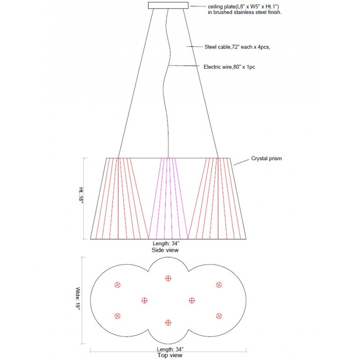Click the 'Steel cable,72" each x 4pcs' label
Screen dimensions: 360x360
pyautogui.click(x=237, y=47)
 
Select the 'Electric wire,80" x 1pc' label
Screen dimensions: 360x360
pyautogui.click(x=229, y=67)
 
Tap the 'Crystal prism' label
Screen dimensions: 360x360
pyautogui.click(x=266, y=158)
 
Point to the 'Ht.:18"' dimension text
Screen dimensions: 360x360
pyautogui.click(x=81, y=195)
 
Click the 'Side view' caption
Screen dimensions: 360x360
pyautogui.click(x=165, y=250)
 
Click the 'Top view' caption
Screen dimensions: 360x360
pyautogui.click(x=170, y=355)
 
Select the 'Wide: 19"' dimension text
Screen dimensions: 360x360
pyautogui.click(x=78, y=298)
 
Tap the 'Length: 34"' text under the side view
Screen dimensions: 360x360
pyautogui.click(x=166, y=243)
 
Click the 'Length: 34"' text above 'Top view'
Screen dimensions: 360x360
pyautogui.click(x=170, y=349)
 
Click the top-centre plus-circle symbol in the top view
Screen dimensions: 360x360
pyautogui.click(x=168, y=278)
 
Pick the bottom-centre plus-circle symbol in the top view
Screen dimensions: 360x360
pyautogui.click(x=168, y=323)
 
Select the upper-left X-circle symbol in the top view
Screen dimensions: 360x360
pyautogui.click(x=117, y=285)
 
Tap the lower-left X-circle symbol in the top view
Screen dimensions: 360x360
pyautogui.click(x=117, y=316)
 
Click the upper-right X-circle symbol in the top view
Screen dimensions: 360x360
pyautogui.click(x=219, y=285)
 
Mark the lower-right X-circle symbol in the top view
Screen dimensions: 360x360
pyautogui.click(x=219, y=316)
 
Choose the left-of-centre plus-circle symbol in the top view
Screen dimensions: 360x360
pyautogui.click(x=144, y=300)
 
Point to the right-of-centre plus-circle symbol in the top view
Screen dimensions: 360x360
pyautogui.click(x=192, y=300)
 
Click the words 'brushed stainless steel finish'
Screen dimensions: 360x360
pyautogui.click(x=247, y=13)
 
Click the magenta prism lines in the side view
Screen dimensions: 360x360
pyautogui.click(x=168, y=198)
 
